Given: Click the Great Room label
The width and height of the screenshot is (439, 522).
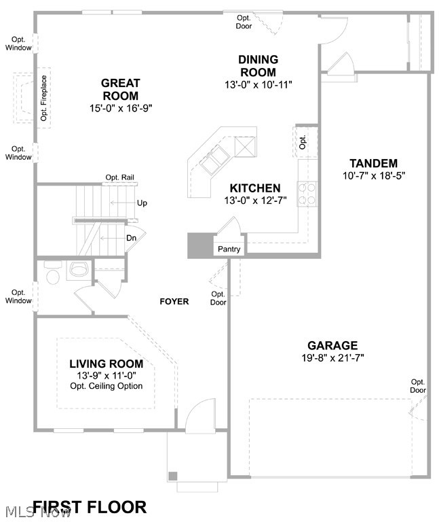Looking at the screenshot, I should [120, 90].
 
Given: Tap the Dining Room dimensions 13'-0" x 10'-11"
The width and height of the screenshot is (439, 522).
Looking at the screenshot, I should [258, 85].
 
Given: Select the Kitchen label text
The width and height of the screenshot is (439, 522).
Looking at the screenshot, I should [254, 188].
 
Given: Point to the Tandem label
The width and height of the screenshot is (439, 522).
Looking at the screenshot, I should [373, 163].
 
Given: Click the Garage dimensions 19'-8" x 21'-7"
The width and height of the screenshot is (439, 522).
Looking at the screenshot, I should [332, 358].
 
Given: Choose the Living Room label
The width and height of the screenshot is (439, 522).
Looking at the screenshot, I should [106, 364].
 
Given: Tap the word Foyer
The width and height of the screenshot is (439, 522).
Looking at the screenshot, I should [174, 301].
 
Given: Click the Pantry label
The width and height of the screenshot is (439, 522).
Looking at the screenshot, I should [229, 249].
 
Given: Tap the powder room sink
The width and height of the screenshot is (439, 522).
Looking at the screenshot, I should [79, 270].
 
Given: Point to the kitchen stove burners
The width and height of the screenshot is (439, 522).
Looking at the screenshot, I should [307, 194].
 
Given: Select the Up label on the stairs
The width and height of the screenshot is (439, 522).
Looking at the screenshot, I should [142, 203].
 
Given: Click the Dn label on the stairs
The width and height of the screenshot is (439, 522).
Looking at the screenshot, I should [132, 238].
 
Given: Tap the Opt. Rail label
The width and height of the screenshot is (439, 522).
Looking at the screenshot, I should [119, 177].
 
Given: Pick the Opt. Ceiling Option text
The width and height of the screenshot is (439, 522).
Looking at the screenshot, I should [107, 386].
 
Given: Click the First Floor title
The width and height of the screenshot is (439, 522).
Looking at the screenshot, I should [89, 507].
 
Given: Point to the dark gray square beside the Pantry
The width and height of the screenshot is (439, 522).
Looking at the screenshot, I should [200, 245].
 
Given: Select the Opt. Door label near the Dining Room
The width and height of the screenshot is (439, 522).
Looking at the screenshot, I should [244, 22].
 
